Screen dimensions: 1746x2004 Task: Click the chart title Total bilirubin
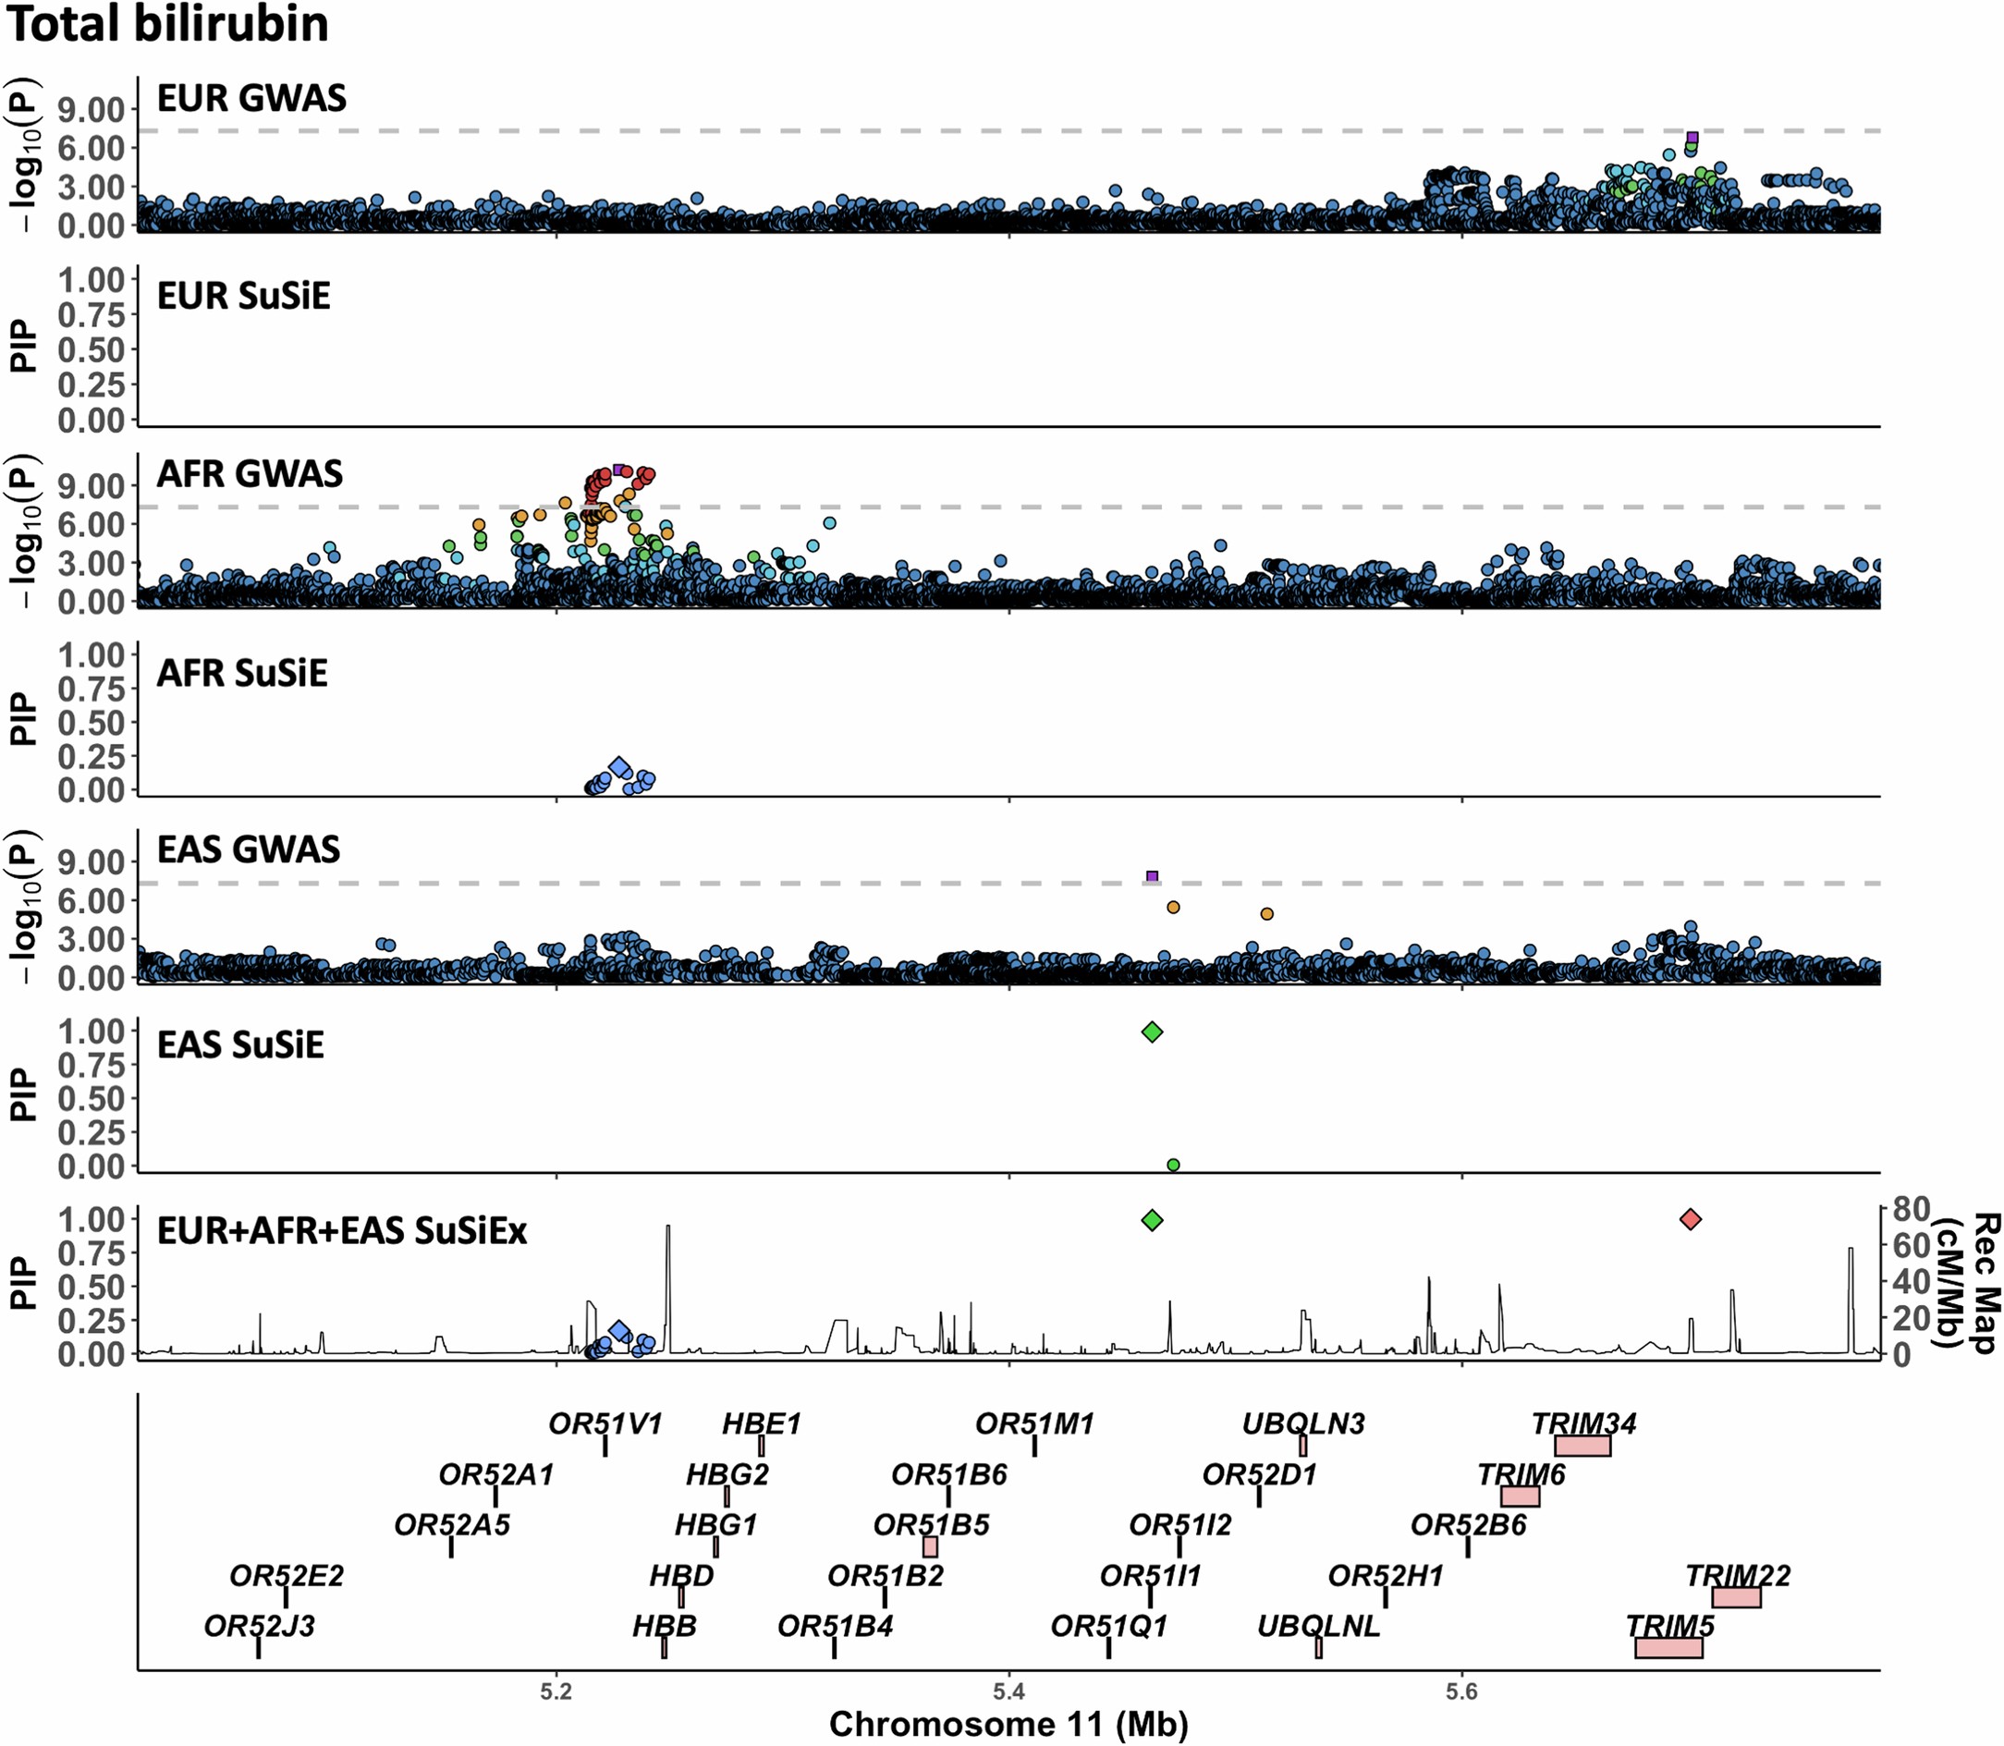point(167,23)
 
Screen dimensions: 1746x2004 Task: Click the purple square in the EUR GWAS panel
point(1692,138)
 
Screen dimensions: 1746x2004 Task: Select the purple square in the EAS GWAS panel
point(1153,877)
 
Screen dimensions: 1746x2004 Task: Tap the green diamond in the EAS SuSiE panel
point(1153,1032)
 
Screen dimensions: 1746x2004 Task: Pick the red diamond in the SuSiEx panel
point(1691,1219)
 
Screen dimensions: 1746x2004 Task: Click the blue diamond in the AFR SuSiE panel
point(618,768)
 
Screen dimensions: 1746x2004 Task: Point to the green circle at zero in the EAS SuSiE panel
point(1173,1165)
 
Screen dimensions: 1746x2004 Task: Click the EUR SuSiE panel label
point(243,296)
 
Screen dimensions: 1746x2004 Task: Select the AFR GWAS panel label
point(250,474)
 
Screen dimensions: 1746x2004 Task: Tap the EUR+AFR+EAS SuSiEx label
point(341,1231)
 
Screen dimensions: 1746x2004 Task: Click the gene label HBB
point(665,1626)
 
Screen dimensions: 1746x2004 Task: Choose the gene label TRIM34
point(1583,1424)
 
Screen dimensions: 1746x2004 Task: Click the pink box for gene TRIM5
point(1668,1648)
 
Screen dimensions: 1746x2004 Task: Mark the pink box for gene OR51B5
point(931,1547)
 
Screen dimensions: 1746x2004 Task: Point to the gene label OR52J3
point(259,1626)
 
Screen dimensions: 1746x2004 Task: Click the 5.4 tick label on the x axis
point(1008,1693)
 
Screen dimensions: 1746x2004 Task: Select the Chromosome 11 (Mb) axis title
point(1008,1725)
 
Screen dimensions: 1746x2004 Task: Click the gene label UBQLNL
point(1318,1626)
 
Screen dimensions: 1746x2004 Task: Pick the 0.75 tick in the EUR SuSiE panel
point(92,314)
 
